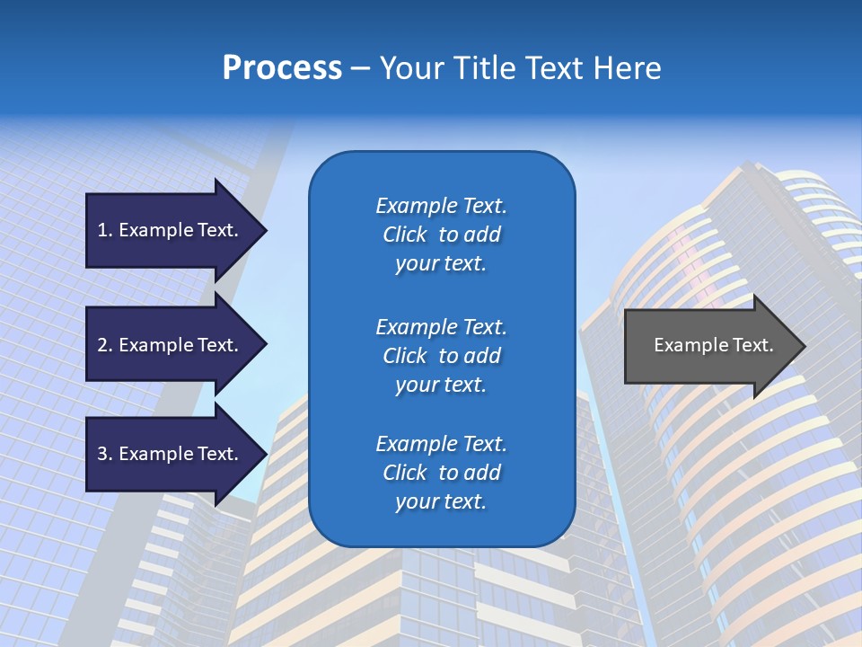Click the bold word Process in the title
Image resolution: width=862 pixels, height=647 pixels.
coord(282,68)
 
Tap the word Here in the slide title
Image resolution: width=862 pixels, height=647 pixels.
coord(626,68)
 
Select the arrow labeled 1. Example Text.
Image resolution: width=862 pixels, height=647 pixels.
coord(171,230)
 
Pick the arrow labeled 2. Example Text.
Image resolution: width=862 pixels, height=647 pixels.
coord(171,345)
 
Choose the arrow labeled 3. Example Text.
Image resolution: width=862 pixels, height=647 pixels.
coord(171,454)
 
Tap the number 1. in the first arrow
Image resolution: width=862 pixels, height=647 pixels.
coord(105,230)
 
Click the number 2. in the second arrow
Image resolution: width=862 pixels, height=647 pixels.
coord(105,345)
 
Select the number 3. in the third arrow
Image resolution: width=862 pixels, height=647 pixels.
coord(105,454)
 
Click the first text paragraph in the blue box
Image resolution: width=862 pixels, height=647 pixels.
coord(441,235)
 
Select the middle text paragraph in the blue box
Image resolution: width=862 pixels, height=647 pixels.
coord(441,356)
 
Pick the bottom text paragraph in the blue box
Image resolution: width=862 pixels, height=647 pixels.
coord(441,473)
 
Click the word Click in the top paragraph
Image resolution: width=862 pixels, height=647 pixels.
coord(405,235)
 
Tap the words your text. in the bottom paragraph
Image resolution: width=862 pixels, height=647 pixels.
coord(441,501)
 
